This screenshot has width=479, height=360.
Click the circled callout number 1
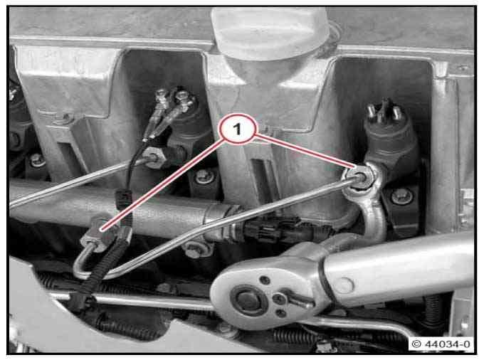tap(238, 129)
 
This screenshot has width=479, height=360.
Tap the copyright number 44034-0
tap(448, 344)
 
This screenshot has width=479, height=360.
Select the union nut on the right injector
tap(358, 179)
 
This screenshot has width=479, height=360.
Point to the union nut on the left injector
tap(155, 157)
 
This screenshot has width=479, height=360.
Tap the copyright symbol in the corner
tap(416, 344)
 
